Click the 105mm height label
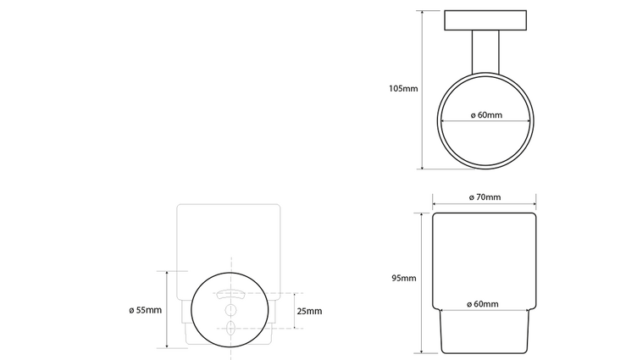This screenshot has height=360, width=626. point(403,88)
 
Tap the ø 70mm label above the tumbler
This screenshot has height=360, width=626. point(485,197)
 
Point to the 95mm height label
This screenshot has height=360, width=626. point(404,279)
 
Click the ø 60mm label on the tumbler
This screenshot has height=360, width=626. point(485,304)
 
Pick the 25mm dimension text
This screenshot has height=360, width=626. point(310,311)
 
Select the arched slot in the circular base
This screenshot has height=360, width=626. point(230,296)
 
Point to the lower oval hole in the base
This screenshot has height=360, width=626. point(230,326)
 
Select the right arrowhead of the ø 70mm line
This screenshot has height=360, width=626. point(535,204)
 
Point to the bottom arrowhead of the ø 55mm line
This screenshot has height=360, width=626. point(168,346)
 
